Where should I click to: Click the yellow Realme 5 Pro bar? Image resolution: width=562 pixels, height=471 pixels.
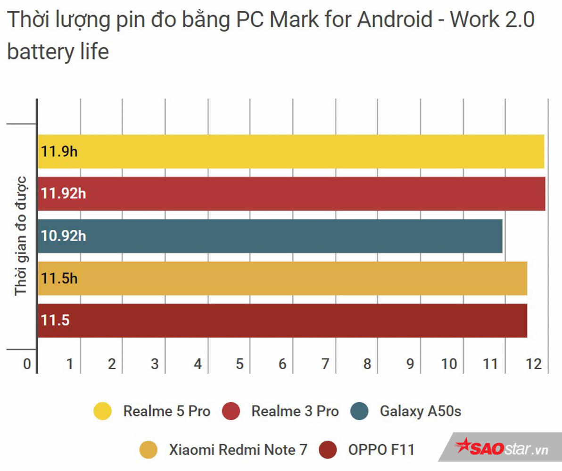point(290,152)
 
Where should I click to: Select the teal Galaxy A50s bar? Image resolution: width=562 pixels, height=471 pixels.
point(270,236)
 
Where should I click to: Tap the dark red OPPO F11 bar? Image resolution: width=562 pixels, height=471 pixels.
point(282,321)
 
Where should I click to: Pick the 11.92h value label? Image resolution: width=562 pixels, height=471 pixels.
point(63,194)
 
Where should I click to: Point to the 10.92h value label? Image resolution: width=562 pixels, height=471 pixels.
point(63,236)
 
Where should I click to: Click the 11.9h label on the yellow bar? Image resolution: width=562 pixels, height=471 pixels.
point(59,152)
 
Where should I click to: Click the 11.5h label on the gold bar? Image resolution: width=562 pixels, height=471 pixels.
point(59,278)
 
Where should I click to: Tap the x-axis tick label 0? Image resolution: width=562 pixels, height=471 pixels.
point(27,364)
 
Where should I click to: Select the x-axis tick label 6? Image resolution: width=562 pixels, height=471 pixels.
point(282,364)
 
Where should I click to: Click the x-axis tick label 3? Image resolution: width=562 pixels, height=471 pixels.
point(155,364)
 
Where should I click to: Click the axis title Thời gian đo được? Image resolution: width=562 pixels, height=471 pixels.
point(21,236)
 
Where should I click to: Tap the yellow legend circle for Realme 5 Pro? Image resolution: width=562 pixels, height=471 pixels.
point(103,411)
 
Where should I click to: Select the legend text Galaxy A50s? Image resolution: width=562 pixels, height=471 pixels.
point(420,411)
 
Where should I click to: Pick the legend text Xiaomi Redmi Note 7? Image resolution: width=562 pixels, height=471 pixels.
point(238,450)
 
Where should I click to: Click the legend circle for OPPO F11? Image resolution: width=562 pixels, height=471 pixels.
point(328,450)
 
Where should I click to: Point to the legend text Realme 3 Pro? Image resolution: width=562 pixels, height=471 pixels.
point(295,411)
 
